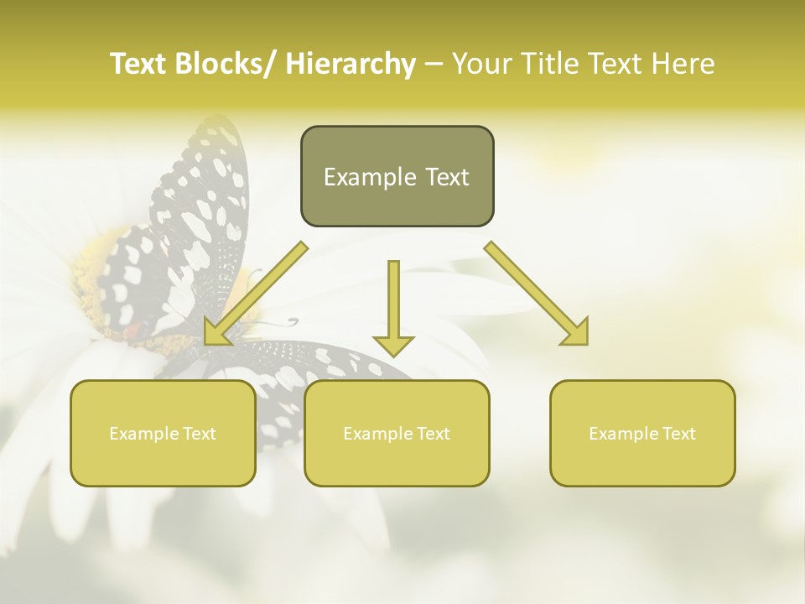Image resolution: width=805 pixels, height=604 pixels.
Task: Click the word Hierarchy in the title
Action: [x=351, y=64]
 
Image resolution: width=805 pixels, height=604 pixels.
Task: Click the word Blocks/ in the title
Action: [x=231, y=64]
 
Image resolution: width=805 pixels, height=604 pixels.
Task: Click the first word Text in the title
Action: [x=140, y=64]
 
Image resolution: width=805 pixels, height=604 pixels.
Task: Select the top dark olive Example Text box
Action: [x=397, y=177]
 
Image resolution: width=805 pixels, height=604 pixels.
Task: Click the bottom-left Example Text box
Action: [x=163, y=434]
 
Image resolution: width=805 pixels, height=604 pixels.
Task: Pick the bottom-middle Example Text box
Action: [x=397, y=434]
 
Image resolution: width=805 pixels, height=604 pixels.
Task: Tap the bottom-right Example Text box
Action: [x=642, y=434]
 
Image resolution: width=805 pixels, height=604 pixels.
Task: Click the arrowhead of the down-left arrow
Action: [x=216, y=333]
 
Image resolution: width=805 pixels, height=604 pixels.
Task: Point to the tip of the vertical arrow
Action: [x=393, y=354]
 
